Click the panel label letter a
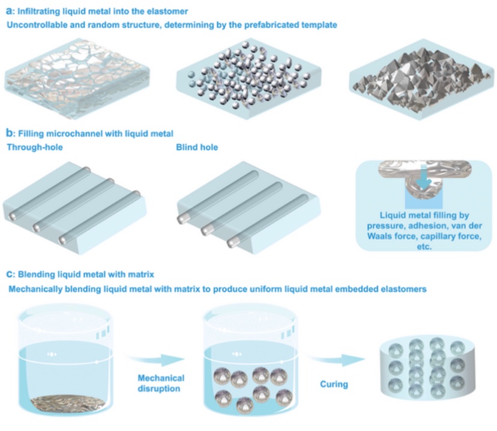[8, 11]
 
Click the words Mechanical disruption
[161, 384]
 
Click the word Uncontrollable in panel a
[37, 25]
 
